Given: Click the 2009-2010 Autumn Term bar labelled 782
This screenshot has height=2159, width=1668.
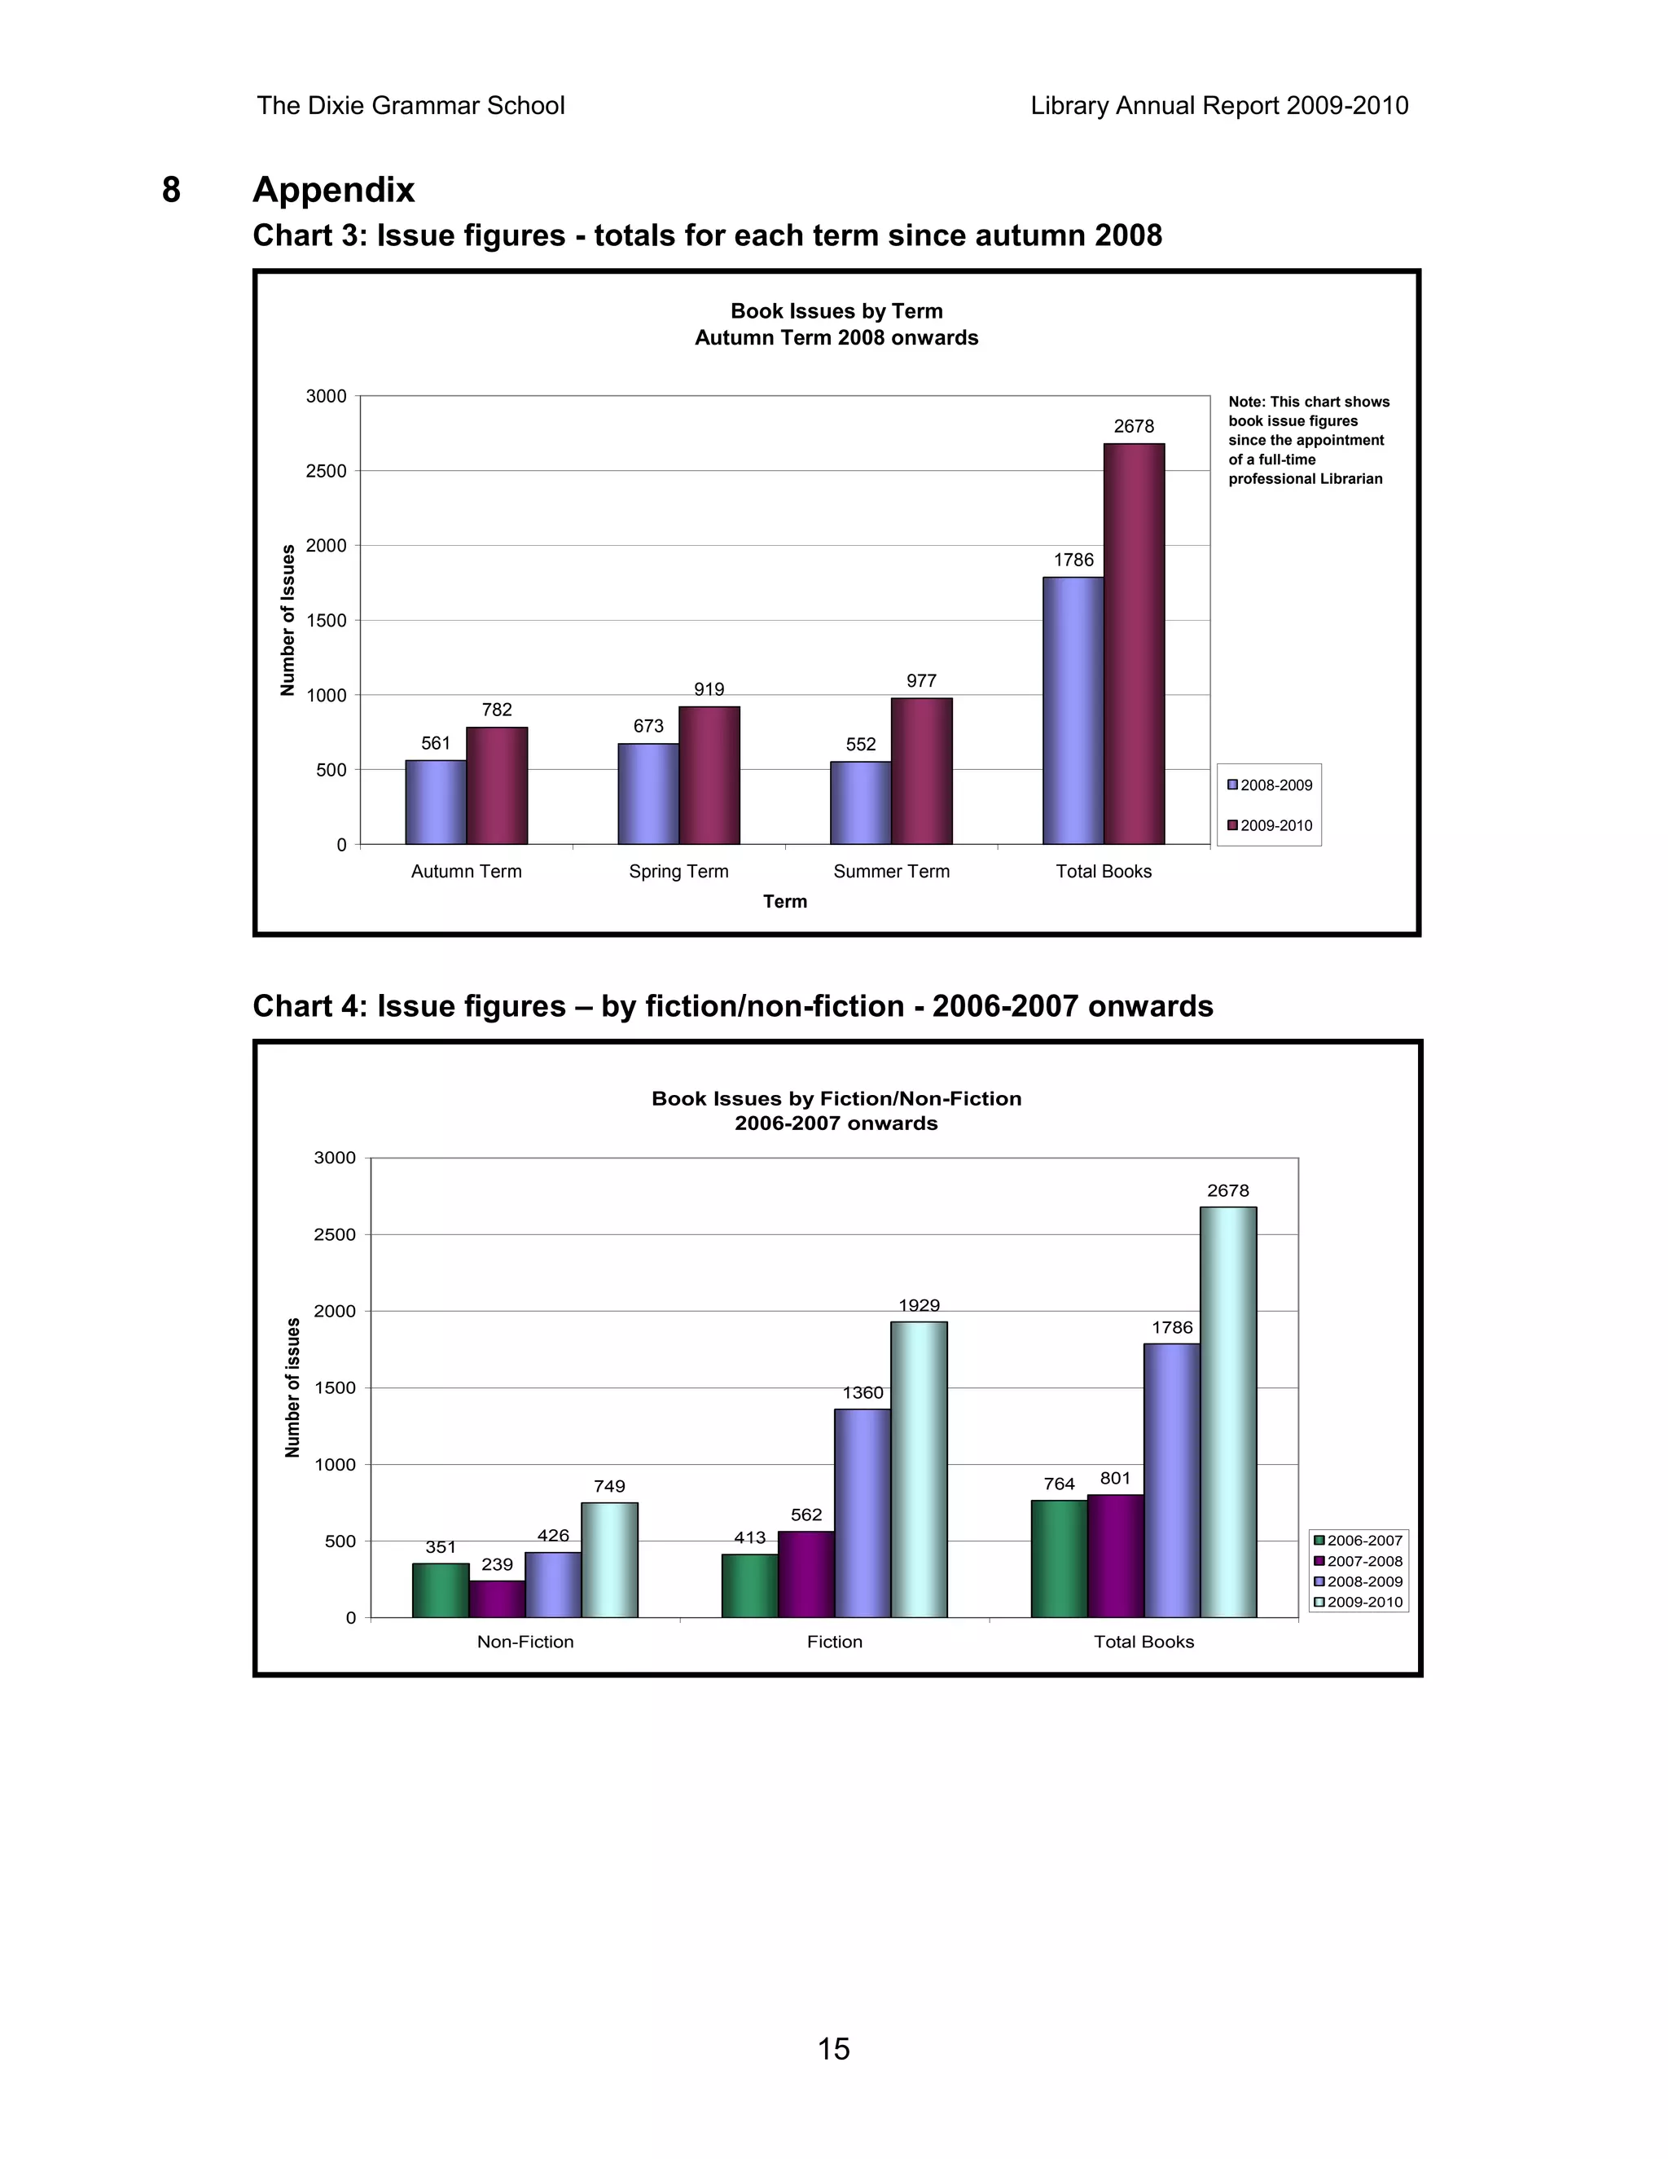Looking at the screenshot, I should [x=497, y=786].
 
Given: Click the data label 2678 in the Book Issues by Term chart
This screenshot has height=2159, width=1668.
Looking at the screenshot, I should [x=1134, y=427].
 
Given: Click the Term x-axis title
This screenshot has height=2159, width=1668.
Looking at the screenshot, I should [x=784, y=902].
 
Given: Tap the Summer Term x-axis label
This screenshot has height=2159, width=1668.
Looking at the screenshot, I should [x=891, y=872].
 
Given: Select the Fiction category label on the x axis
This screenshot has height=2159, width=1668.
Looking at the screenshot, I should [x=834, y=1642].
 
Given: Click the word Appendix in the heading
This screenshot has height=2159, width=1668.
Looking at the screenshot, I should [x=333, y=190].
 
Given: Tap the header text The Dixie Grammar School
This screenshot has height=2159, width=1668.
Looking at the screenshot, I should [x=410, y=106].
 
